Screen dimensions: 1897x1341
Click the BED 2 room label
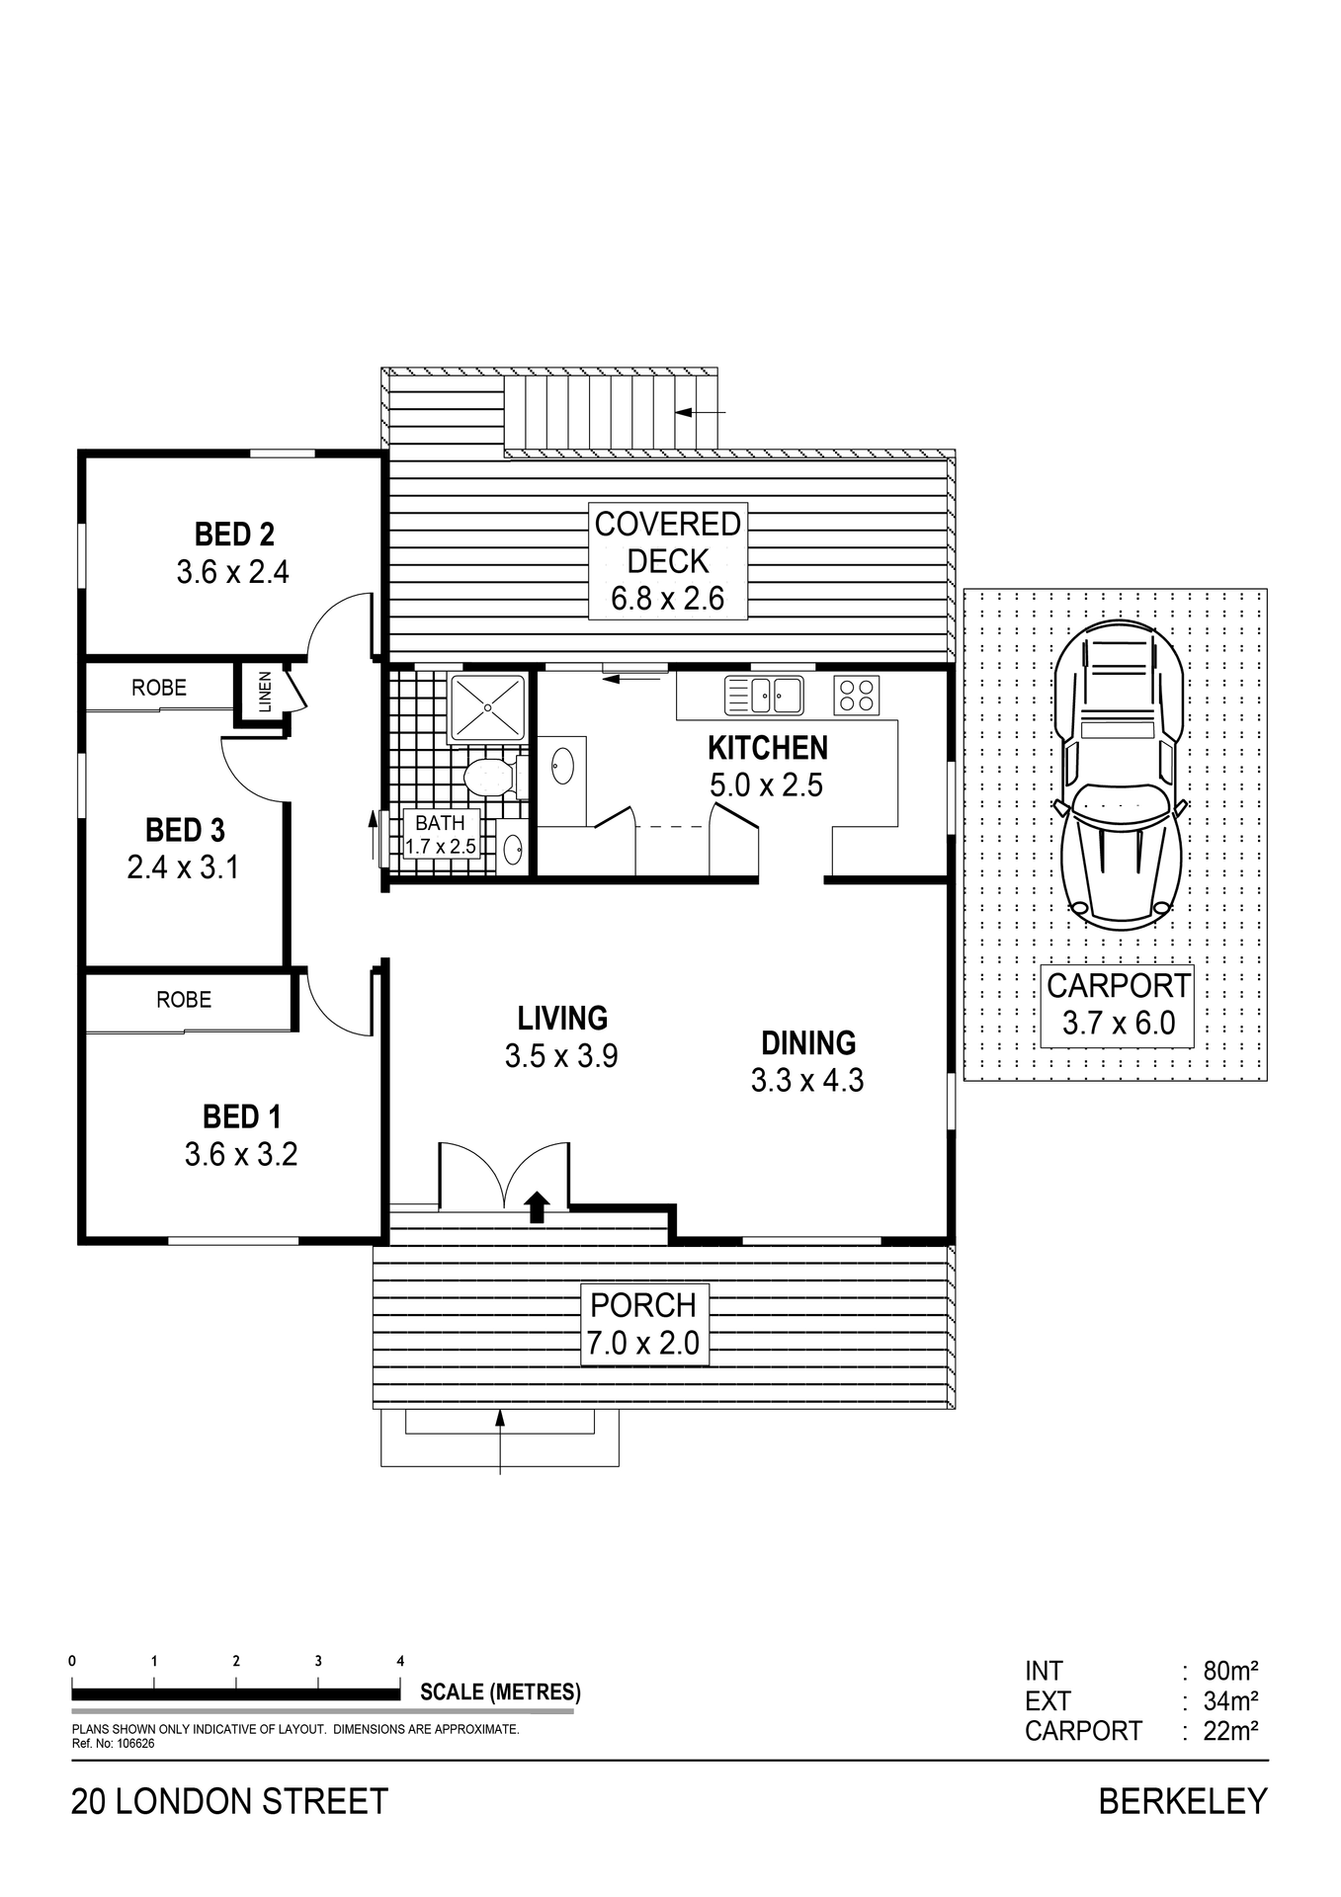tap(234, 535)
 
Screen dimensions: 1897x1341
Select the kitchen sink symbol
tap(764, 695)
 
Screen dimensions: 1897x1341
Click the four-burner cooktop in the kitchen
tap(856, 695)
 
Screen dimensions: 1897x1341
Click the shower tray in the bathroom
tap(487, 706)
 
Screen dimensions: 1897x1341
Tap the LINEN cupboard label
tap(264, 692)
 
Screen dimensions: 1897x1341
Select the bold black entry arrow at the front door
tap(537, 1206)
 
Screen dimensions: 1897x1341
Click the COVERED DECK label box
tap(668, 560)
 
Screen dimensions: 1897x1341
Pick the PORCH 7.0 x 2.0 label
tap(643, 1324)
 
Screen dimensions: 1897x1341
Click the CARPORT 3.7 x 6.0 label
tap(1118, 1004)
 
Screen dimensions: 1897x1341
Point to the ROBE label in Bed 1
tap(184, 1000)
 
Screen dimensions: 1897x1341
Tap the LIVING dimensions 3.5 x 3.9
tap(561, 1056)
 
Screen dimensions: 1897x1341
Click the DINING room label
tap(808, 1043)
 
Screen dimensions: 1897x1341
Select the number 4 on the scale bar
tap(400, 1661)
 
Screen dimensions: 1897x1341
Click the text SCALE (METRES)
tap(500, 1691)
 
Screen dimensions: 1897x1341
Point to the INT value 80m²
tap(1229, 1672)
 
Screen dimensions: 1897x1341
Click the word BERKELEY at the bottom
tap(1182, 1802)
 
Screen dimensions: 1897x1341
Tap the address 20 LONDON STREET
tap(229, 1802)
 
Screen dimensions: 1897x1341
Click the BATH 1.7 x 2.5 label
tap(441, 835)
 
